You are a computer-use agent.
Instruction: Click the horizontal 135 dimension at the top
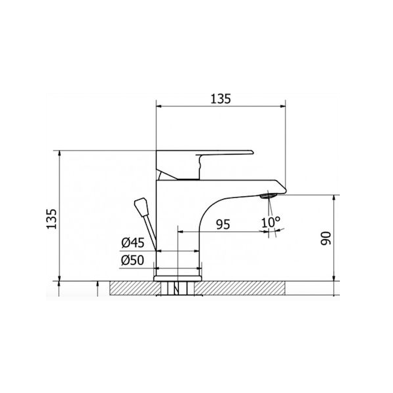(x=220, y=99)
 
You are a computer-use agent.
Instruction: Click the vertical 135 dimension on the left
(x=52, y=219)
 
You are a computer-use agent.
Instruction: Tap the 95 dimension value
(x=223, y=224)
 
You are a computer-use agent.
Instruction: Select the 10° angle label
(x=271, y=222)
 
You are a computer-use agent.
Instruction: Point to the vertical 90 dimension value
(x=326, y=238)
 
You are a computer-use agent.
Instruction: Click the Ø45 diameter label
(x=133, y=242)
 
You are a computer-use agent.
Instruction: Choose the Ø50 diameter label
(x=132, y=260)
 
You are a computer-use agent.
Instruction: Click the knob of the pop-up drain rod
(x=141, y=207)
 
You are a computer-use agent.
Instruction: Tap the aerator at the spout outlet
(x=269, y=196)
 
